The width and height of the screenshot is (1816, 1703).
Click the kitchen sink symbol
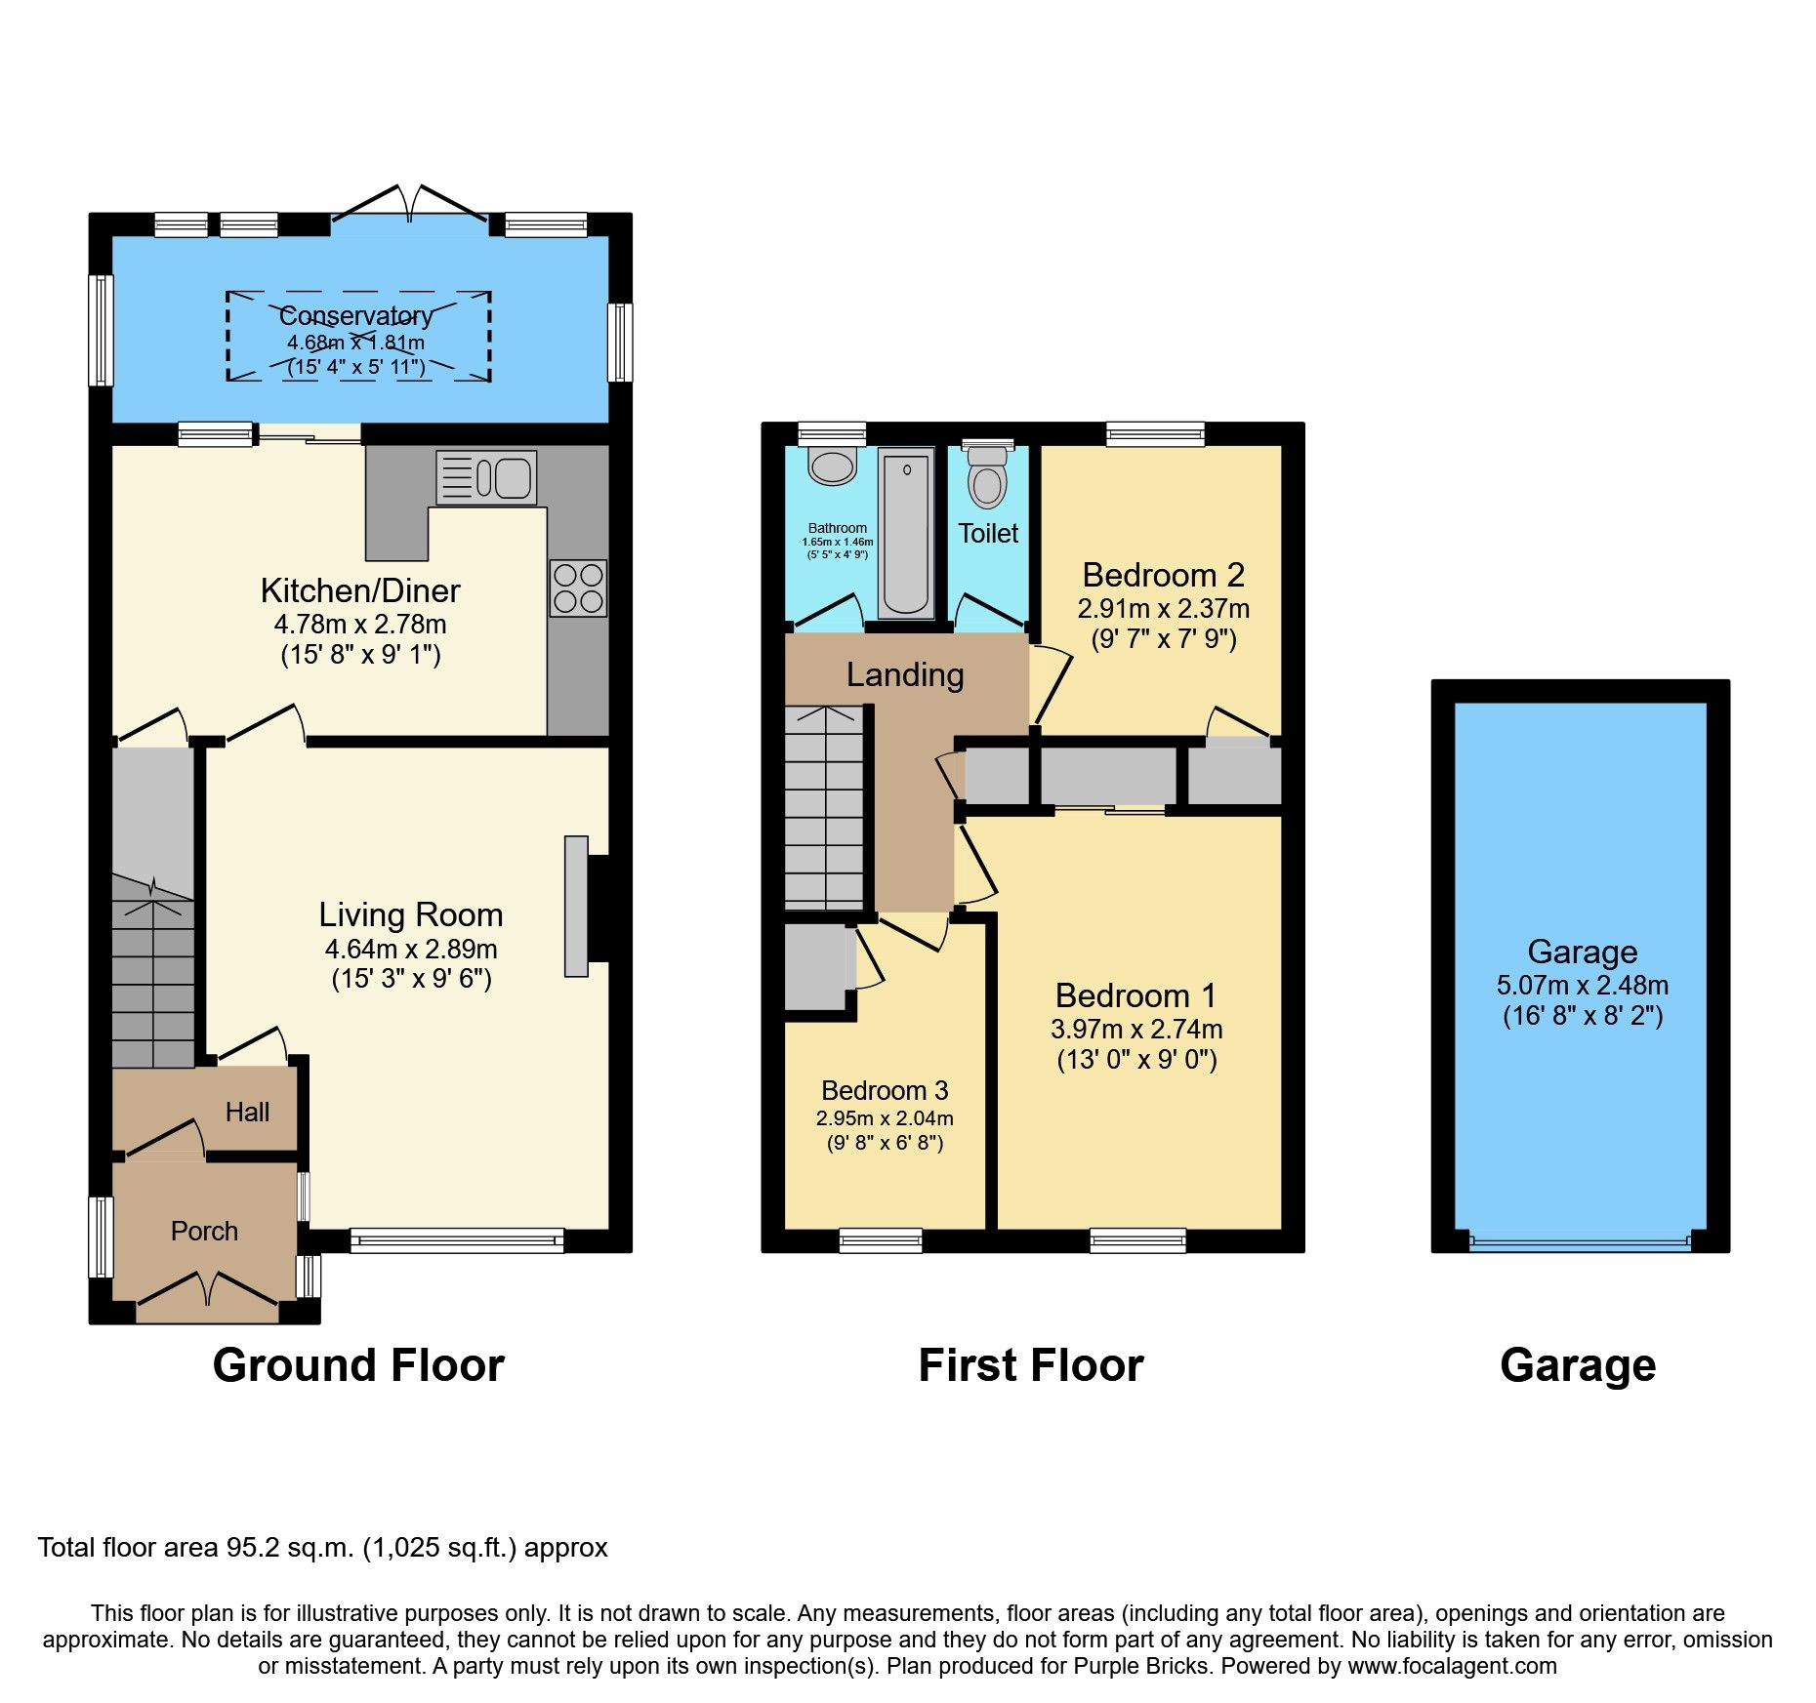tap(486, 477)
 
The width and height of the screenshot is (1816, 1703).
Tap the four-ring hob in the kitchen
tap(578, 588)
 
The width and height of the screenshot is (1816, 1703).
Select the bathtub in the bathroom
tap(906, 533)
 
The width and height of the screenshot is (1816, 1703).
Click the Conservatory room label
tap(356, 316)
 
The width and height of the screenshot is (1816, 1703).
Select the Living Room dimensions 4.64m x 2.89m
tap(411, 949)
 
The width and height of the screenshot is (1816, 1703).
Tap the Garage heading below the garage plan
tap(1578, 1365)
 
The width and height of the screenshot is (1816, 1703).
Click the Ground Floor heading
tap(358, 1365)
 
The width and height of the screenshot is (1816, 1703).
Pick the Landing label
tap(905, 675)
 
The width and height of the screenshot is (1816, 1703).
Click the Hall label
tap(247, 1113)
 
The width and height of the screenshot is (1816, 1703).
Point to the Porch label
tap(204, 1232)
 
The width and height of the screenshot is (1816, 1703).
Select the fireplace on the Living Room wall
tap(577, 906)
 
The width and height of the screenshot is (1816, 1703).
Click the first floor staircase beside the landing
tap(825, 808)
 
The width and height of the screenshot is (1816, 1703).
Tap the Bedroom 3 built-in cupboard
tap(816, 966)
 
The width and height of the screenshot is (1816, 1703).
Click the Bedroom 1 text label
tap(1136, 995)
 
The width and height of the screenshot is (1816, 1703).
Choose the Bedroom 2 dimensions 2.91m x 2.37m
tap(1163, 609)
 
